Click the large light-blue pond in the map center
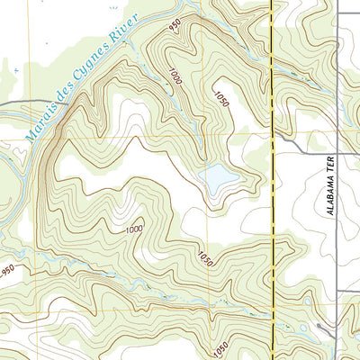219,178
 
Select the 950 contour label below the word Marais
9,269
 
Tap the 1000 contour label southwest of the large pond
135,229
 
